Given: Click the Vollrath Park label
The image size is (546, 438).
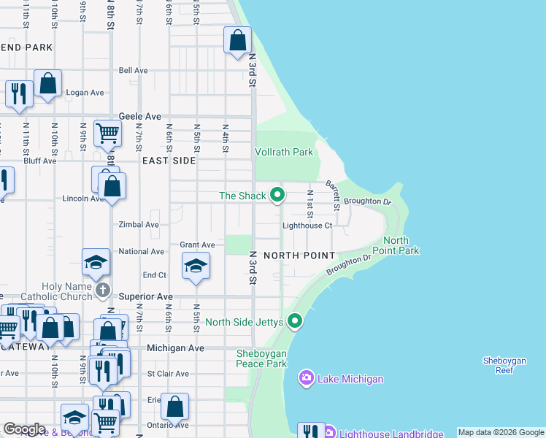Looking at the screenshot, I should [x=284, y=152].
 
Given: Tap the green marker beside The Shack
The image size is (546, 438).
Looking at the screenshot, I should [x=277, y=195].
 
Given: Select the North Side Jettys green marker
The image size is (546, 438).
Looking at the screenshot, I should [x=295, y=320].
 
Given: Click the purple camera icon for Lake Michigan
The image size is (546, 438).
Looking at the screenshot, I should [x=306, y=378].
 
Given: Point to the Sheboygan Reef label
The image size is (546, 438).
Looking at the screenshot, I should [x=508, y=365].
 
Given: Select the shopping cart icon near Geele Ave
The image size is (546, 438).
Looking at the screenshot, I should [x=107, y=134].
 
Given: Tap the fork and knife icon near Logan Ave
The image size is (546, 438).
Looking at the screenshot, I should [x=18, y=93].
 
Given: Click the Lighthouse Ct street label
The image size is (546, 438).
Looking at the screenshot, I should [x=307, y=226].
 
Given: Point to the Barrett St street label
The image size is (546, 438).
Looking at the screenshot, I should [x=332, y=195].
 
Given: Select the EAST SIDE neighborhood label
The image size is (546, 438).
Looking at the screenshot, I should [x=169, y=160].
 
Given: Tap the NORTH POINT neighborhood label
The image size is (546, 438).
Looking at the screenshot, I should [x=299, y=255].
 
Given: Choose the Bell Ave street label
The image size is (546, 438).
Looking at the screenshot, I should [x=134, y=71].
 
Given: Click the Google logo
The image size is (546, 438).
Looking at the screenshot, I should [x=23, y=429].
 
